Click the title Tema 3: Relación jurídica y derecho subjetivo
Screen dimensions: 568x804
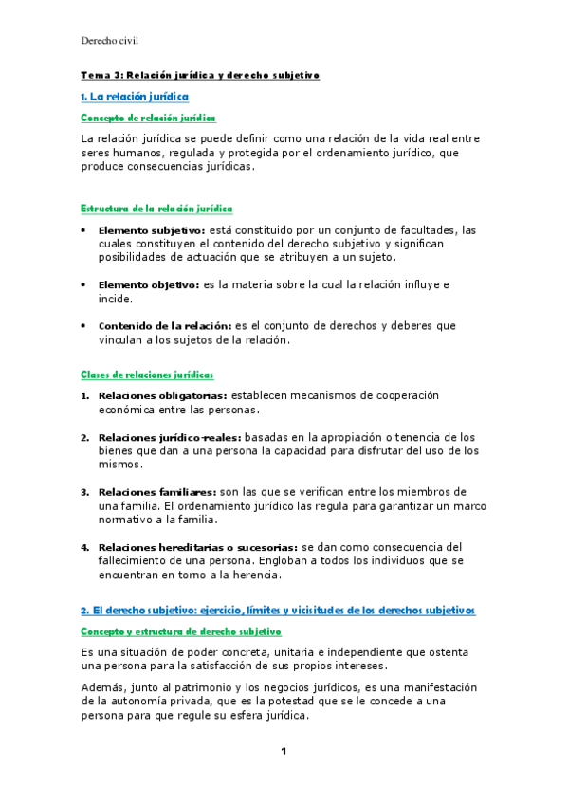coord(200,75)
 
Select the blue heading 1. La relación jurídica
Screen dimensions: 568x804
coord(135,97)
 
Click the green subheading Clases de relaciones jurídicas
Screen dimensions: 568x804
coord(147,375)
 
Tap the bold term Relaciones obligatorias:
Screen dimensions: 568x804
coord(162,395)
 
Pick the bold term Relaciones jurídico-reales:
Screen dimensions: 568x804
coord(170,437)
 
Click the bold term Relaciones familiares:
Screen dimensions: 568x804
coord(156,492)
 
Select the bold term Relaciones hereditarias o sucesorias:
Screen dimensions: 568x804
coord(197,547)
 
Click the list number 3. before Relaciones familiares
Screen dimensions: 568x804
coord(84,492)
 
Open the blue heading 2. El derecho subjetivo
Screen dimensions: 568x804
coord(277,609)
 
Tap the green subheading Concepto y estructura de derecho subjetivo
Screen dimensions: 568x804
coord(181,630)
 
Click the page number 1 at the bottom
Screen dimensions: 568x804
coord(283,752)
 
